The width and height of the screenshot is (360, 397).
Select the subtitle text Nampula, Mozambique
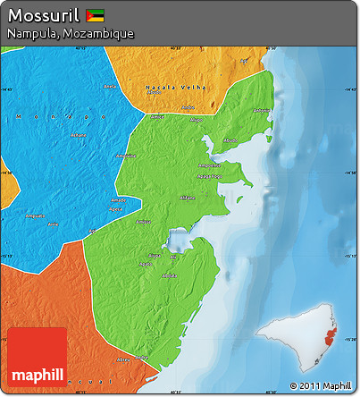click(70, 33)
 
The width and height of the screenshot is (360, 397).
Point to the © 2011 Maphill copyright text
click(321, 386)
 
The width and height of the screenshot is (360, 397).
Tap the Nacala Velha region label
click(175, 87)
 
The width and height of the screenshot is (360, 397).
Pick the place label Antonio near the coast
click(261, 111)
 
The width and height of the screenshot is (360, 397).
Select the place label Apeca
click(115, 207)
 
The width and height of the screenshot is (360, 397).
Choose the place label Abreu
click(112, 87)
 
